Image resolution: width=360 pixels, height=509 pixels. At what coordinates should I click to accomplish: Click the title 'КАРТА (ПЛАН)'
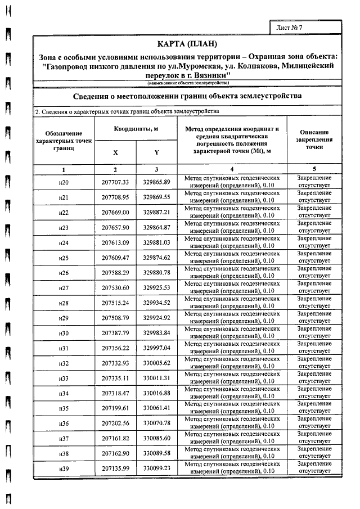pyautogui.click(x=187, y=44)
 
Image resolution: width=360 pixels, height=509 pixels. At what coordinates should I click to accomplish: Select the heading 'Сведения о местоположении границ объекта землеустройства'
pyautogui.click(x=187, y=96)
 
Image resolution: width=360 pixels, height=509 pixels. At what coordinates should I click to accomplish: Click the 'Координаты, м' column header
pyautogui.click(x=136, y=129)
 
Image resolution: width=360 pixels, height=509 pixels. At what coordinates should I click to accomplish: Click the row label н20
pyautogui.click(x=64, y=182)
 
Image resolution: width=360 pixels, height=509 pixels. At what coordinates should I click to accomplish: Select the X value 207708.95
pyautogui.click(x=115, y=197)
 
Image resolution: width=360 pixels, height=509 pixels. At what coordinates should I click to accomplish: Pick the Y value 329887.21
pyautogui.click(x=156, y=213)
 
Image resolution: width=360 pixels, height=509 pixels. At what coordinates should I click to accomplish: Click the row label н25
pyautogui.click(x=64, y=258)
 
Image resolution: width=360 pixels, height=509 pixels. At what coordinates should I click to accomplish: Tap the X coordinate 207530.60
pyautogui.click(x=115, y=289)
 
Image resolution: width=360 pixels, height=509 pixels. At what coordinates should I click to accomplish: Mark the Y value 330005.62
pyautogui.click(x=156, y=363)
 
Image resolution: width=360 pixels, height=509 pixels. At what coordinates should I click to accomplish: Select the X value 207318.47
pyautogui.click(x=115, y=393)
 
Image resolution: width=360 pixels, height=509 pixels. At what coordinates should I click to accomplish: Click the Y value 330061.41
pyautogui.click(x=156, y=408)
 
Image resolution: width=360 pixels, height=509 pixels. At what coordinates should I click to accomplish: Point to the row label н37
pyautogui.click(x=64, y=439)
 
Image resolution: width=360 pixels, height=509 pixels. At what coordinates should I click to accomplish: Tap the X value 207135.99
pyautogui.click(x=115, y=469)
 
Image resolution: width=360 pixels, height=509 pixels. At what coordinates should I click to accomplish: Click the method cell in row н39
pyautogui.click(x=232, y=469)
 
